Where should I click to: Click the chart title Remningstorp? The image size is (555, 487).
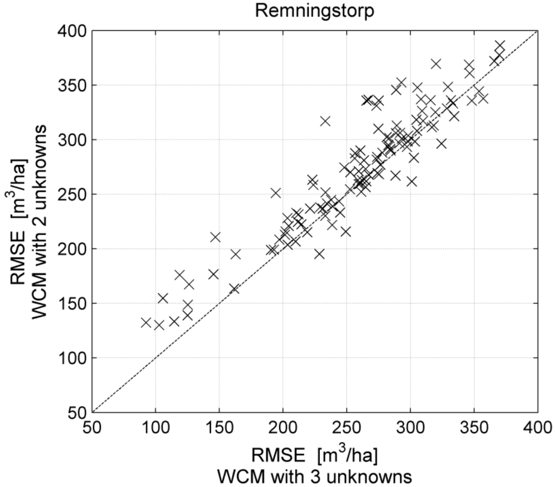314,11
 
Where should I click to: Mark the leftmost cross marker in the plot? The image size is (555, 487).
146,322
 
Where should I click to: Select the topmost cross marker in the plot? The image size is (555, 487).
499,46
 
